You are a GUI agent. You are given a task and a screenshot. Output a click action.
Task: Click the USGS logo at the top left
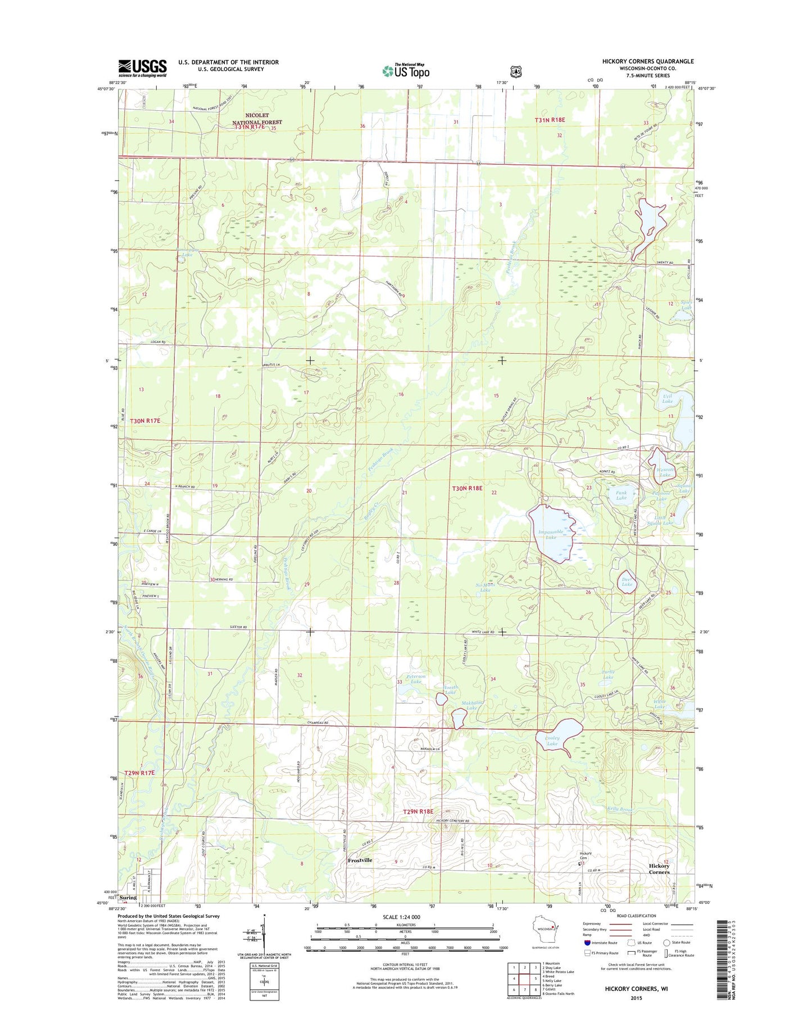click(x=142, y=68)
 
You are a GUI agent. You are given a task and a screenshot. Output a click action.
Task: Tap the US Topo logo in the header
click(x=406, y=71)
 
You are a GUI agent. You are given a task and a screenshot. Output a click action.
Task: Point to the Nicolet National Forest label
click(x=257, y=119)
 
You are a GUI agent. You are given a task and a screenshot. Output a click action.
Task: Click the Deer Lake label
click(x=627, y=582)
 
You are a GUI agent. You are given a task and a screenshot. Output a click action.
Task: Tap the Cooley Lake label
click(x=552, y=741)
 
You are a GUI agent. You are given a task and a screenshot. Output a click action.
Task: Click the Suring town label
click(x=128, y=913)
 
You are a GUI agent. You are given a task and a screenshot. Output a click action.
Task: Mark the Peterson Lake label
click(x=416, y=679)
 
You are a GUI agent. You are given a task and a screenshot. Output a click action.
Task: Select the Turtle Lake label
click(x=608, y=674)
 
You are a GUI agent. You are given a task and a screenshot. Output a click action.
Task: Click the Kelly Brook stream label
click(x=620, y=809)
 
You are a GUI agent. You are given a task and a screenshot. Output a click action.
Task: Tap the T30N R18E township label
click(x=467, y=488)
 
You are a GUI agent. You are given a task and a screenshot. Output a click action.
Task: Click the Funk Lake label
click(x=621, y=495)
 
